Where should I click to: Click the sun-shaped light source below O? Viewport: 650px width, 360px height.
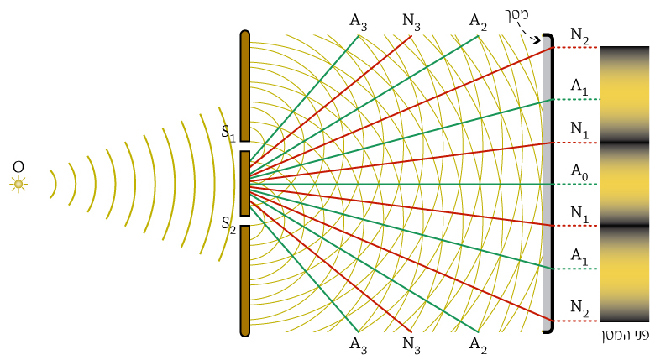[x=18, y=184]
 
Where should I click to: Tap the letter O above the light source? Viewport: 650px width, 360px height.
[x=18, y=167]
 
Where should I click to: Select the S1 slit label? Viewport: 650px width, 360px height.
[x=228, y=133]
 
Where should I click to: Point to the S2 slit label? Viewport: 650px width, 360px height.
[x=228, y=225]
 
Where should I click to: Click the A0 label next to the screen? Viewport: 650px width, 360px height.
[x=579, y=171]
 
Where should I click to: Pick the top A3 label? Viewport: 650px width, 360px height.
[x=358, y=22]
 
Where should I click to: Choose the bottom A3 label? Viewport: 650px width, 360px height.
[x=358, y=345]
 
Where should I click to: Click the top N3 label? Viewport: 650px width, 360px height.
[x=411, y=22]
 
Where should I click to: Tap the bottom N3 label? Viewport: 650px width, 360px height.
[x=411, y=345]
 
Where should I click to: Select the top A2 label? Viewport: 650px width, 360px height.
[x=478, y=22]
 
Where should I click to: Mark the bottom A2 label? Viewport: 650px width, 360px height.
[x=478, y=345]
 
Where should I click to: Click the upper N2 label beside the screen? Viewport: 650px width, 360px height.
[x=579, y=36]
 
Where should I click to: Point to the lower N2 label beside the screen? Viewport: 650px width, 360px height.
[x=579, y=308]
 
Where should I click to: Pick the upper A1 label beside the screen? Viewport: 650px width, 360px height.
[x=579, y=87]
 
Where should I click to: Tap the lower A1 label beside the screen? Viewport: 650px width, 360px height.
[x=579, y=257]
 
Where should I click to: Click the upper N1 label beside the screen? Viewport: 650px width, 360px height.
[x=579, y=130]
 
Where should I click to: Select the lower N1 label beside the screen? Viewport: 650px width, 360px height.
[x=579, y=214]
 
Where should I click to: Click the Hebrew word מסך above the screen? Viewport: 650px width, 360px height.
[x=517, y=15]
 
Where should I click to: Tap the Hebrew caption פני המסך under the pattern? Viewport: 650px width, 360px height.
[x=625, y=335]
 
